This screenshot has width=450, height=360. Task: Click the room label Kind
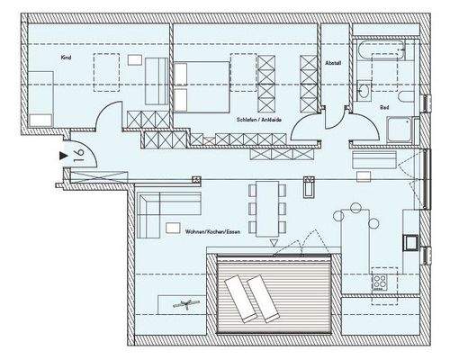click(66, 58)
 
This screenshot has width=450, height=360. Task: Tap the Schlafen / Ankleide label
click(259, 118)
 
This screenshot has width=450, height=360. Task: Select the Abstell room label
click(332, 65)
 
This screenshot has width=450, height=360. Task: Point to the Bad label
click(384, 107)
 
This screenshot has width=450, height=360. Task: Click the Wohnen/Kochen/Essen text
click(211, 231)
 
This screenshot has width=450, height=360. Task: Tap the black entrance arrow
click(62, 156)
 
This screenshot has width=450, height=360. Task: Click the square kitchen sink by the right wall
click(410, 241)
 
